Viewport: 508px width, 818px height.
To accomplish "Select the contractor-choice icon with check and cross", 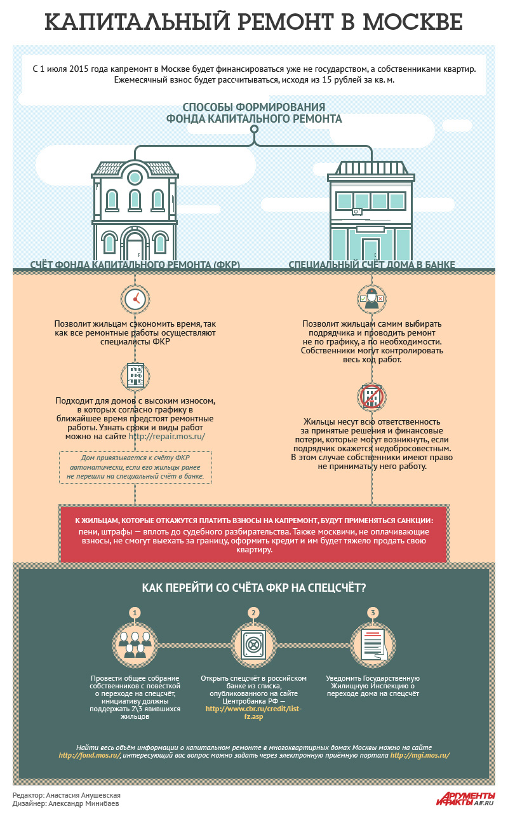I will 371,299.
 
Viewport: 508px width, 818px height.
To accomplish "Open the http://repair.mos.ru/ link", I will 167,437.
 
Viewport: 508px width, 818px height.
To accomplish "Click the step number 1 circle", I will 134,613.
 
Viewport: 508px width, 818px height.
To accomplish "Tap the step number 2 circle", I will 253,613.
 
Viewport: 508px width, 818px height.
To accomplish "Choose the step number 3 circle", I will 373,613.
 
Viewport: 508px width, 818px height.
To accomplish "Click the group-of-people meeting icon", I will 134,643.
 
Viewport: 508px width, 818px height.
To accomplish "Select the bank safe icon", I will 253,643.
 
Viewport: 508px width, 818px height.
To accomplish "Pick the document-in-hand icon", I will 373,643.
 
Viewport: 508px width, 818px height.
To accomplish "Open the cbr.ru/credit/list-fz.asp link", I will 253,712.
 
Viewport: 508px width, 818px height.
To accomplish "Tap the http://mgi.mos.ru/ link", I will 420,756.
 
